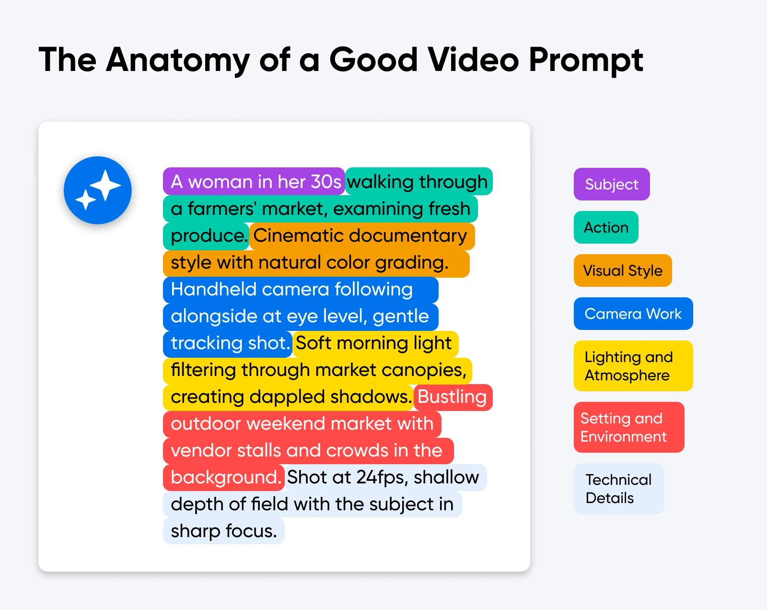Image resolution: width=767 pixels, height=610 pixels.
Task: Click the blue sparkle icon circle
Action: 98,190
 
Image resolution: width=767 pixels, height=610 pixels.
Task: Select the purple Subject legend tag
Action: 612,184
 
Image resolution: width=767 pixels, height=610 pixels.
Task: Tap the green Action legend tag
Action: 606,227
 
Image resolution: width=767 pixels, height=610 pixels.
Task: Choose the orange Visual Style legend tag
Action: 623,270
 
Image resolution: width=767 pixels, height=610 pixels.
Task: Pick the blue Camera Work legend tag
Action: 633,314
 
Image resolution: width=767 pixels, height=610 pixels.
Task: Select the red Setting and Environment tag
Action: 628,427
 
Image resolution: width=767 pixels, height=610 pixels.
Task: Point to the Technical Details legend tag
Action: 618,489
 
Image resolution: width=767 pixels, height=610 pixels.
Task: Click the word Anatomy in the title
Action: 178,60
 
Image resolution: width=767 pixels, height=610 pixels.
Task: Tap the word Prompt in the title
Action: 585,60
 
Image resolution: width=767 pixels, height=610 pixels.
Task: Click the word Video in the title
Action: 473,60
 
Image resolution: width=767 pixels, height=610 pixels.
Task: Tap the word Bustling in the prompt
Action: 452,397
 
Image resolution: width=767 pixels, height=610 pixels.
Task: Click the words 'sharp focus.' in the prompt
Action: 223,531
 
